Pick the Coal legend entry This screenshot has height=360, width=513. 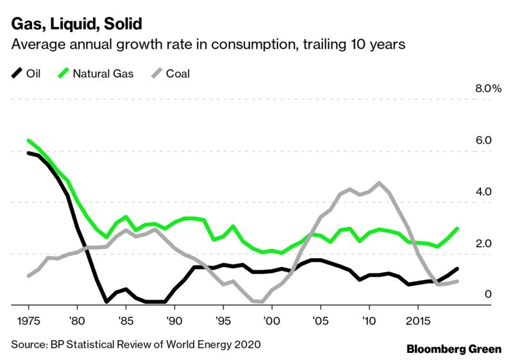tap(176, 73)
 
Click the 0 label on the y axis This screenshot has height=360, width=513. tap(487, 295)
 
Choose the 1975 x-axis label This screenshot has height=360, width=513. tap(28, 320)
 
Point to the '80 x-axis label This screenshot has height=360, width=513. tap(77, 320)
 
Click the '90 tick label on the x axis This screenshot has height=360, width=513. tap(174, 320)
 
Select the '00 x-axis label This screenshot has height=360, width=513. tap(271, 320)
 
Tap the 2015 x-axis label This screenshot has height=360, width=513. tap(417, 320)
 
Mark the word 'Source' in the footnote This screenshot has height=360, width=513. tap(28, 344)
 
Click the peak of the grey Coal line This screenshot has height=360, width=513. tap(380, 183)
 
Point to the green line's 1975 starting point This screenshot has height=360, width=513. tap(29, 141)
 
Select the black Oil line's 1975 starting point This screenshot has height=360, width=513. tap(29, 153)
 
